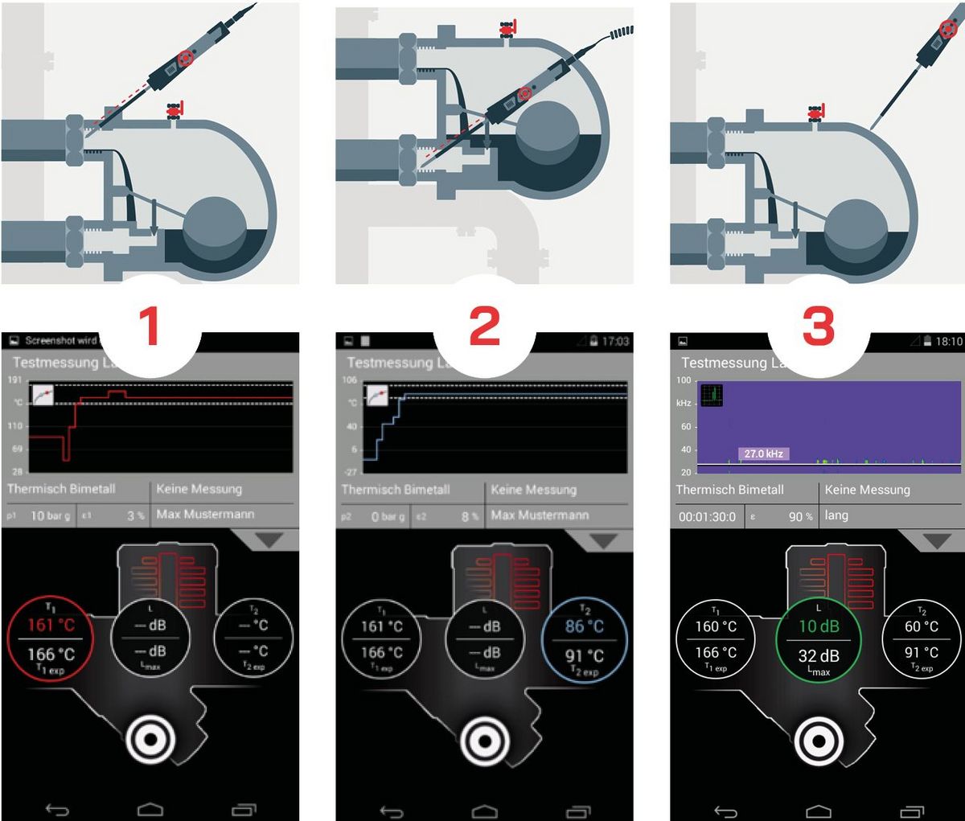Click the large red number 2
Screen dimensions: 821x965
point(484,326)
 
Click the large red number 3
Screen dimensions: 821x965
point(819,326)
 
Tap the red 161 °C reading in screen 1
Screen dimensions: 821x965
point(51,626)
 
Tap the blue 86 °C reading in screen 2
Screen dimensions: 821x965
point(585,626)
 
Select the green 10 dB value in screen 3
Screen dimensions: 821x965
point(819,626)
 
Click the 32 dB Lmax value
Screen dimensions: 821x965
point(819,656)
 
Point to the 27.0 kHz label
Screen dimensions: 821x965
point(764,454)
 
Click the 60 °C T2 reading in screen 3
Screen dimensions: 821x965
point(922,626)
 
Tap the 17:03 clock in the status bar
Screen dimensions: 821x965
point(614,342)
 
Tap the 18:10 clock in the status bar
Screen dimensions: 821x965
point(948,342)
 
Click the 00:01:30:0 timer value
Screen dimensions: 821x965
point(707,517)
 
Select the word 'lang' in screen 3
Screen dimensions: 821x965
point(836,515)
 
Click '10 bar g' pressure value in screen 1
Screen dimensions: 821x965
point(49,515)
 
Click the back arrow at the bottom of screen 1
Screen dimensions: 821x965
point(57,810)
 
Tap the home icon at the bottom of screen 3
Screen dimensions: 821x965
point(819,810)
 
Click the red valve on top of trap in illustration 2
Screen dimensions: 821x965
point(507,31)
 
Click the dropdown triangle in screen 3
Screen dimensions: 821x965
point(936,541)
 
